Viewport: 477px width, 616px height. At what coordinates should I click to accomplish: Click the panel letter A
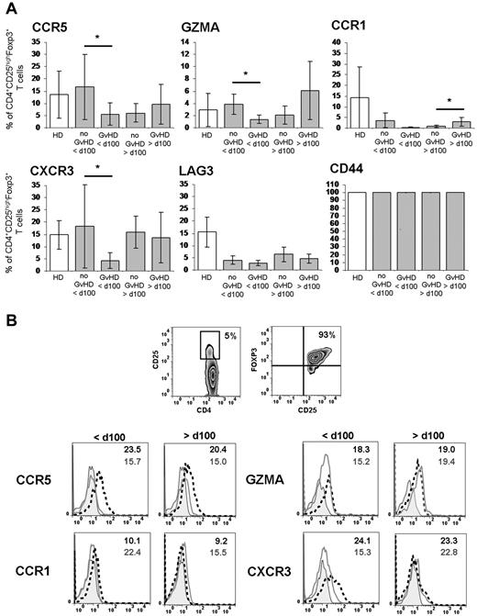(x=9, y=7)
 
